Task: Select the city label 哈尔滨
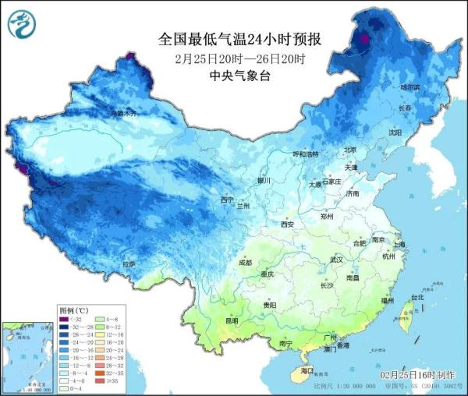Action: pos(409,88)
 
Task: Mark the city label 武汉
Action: pos(337,259)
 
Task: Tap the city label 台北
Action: pos(417,297)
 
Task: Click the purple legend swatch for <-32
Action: pos(66,319)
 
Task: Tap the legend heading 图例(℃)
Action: pos(73,310)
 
